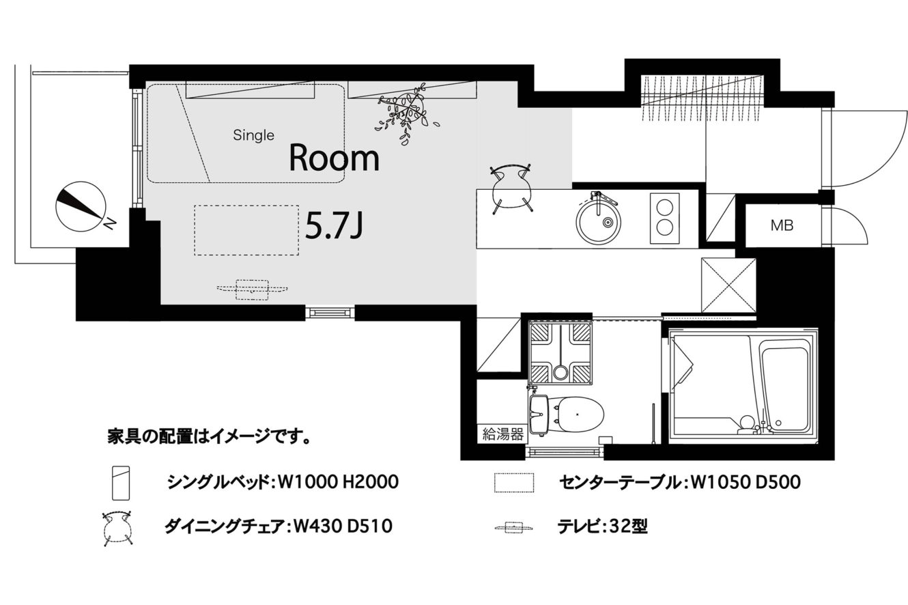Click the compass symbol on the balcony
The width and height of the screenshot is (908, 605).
pyautogui.click(x=81, y=206)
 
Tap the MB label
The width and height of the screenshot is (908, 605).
pyautogui.click(x=782, y=225)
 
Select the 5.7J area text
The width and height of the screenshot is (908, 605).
pyautogui.click(x=334, y=226)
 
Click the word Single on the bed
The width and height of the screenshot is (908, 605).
pyautogui.click(x=254, y=135)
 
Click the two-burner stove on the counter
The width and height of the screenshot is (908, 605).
pyautogui.click(x=665, y=219)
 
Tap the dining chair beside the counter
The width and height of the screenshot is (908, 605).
pyautogui.click(x=511, y=188)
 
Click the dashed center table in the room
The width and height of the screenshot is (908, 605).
pyautogui.click(x=246, y=230)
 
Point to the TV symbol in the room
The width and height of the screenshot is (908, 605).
pyautogui.click(x=252, y=290)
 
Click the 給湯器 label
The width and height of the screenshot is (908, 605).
pyautogui.click(x=502, y=435)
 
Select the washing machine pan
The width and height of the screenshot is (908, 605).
pyautogui.click(x=561, y=353)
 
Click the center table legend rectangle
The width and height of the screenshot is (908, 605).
pyautogui.click(x=513, y=483)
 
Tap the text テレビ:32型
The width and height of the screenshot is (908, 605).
pyautogui.click(x=602, y=526)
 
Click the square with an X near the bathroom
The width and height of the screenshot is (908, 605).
pyautogui.click(x=729, y=285)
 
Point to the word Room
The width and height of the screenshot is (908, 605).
pyautogui.click(x=334, y=158)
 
